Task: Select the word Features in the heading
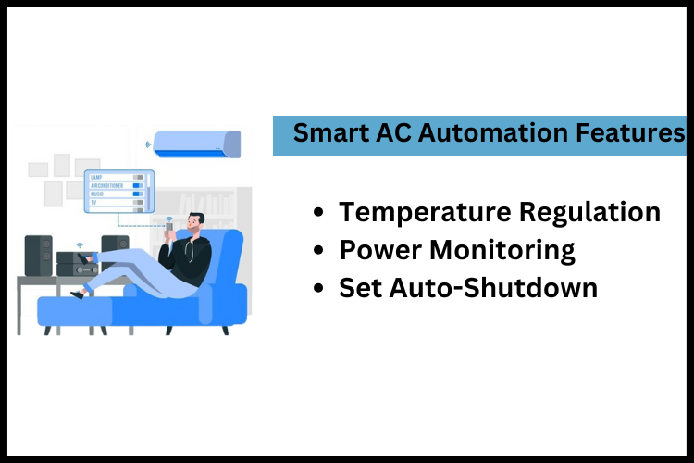pyautogui.click(x=628, y=133)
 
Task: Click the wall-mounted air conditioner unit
pyautogui.click(x=196, y=144)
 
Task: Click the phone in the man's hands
pyautogui.click(x=169, y=228)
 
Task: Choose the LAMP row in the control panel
pyautogui.click(x=117, y=176)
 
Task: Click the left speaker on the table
pyautogui.click(x=39, y=256)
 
